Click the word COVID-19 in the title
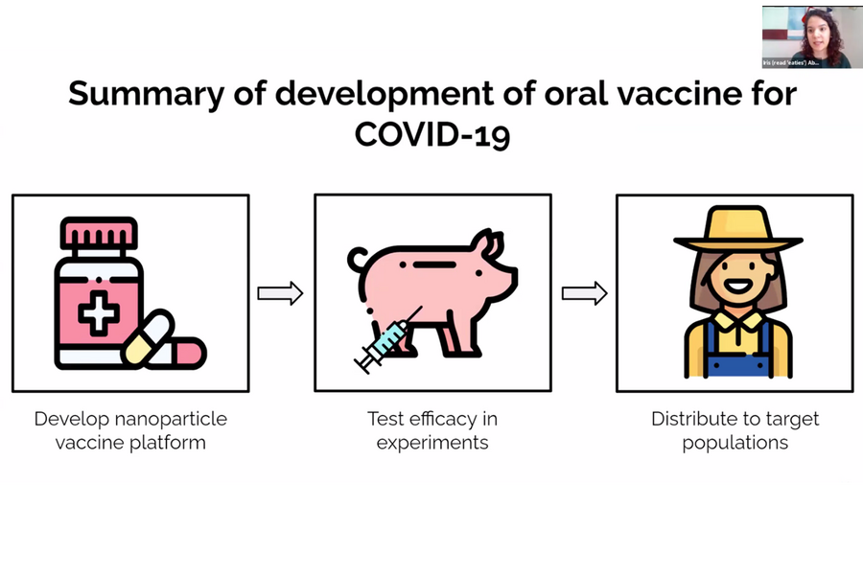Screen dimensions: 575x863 pyautogui.click(x=431, y=133)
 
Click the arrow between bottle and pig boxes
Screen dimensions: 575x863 pyautogui.click(x=280, y=293)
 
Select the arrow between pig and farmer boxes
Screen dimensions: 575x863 pyautogui.click(x=584, y=293)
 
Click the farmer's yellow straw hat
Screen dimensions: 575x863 pyautogui.click(x=735, y=230)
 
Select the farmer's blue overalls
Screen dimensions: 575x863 pyautogui.click(x=735, y=357)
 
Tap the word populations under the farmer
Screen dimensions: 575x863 pyautogui.click(x=735, y=443)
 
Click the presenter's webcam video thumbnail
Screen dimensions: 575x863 pyautogui.click(x=806, y=36)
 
